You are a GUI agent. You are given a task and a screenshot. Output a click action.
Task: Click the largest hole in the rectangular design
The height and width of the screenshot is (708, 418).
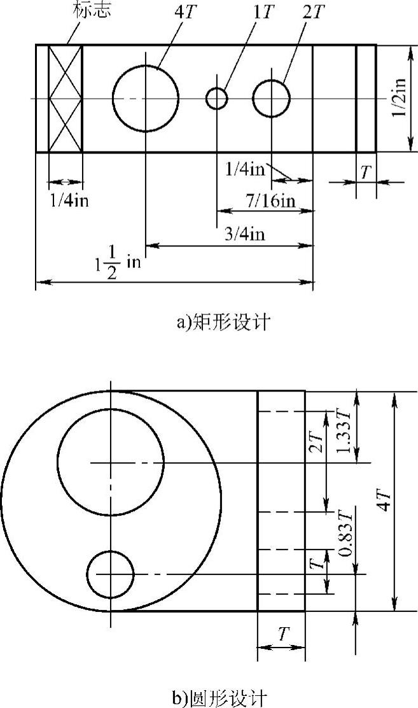click(x=146, y=99)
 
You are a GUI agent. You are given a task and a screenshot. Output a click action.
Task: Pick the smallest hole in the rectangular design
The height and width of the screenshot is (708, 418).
click(x=217, y=99)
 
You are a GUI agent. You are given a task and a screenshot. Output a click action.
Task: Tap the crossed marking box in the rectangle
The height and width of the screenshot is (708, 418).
click(x=66, y=99)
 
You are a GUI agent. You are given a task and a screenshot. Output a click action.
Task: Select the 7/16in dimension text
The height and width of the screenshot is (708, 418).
click(x=270, y=201)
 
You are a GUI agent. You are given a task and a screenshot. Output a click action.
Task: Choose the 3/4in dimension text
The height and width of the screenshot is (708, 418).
click(x=244, y=234)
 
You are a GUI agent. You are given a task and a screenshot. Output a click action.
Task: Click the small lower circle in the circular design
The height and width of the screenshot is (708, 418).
click(x=111, y=574)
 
